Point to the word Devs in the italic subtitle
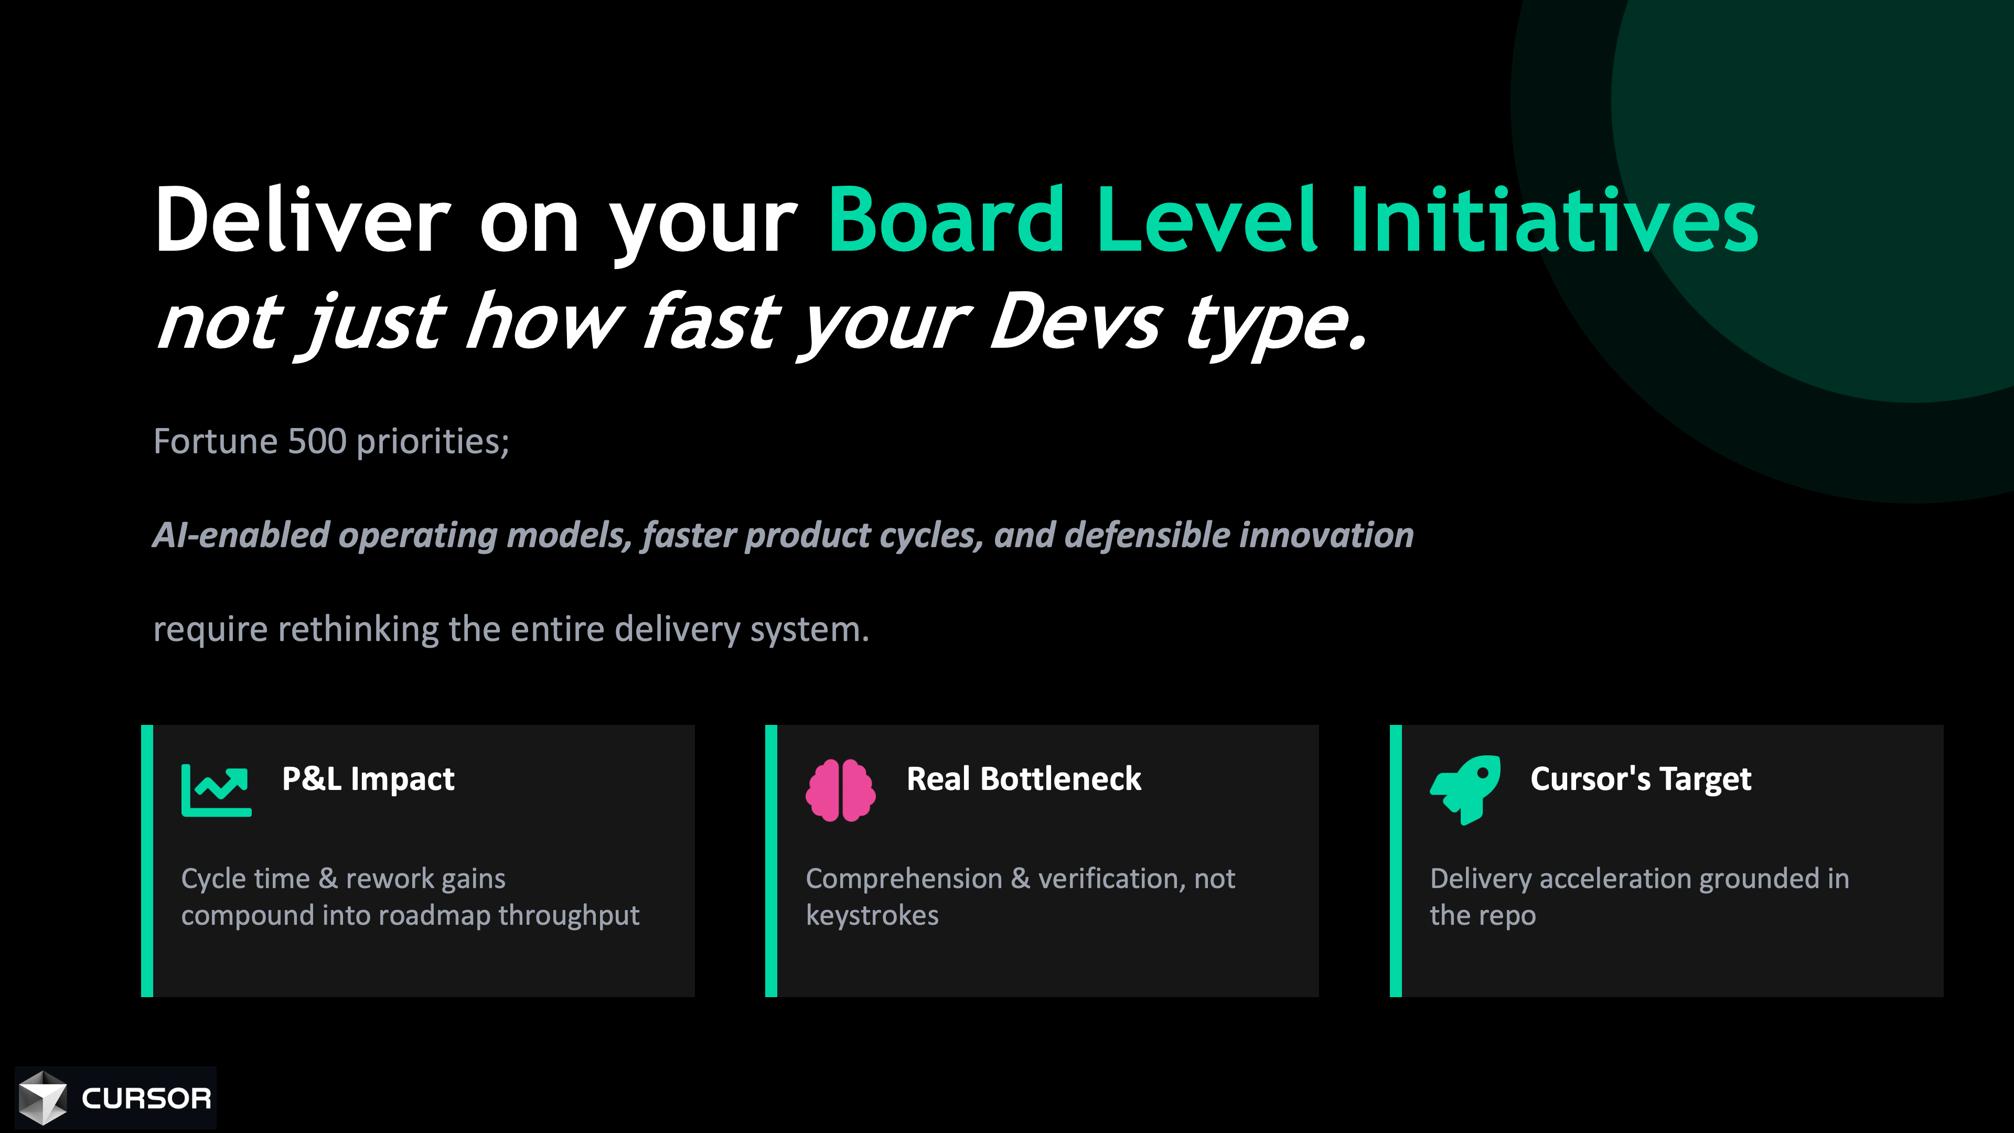pyautogui.click(x=1076, y=322)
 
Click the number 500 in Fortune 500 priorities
pyautogui.click(x=317, y=441)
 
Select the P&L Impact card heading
pyautogui.click(x=368, y=779)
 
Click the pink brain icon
pyautogui.click(x=840, y=790)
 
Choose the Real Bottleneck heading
pyautogui.click(x=1023, y=779)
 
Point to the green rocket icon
pyautogui.click(x=1465, y=790)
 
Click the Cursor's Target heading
pyautogui.click(x=1640, y=779)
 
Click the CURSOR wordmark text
pyautogui.click(x=146, y=1098)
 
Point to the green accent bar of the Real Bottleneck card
pyautogui.click(x=771, y=861)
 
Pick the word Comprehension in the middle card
pyautogui.click(x=904, y=879)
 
